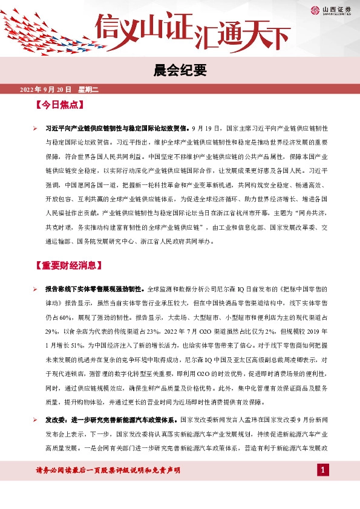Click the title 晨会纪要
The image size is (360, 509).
180,71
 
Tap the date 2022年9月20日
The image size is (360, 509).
46,90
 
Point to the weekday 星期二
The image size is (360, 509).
88,90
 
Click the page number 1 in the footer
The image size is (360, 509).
323,470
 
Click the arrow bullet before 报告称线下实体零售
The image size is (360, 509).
36,290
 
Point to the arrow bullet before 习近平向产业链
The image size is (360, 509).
36,129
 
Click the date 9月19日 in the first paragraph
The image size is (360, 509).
204,129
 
